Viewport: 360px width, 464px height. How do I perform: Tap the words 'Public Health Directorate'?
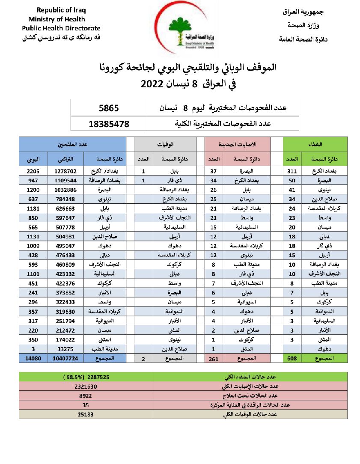pos(61,28)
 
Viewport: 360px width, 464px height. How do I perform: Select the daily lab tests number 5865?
pos(109,108)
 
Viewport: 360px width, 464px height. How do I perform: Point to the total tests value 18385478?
pos(109,125)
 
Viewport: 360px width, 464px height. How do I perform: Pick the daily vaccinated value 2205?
pos(33,171)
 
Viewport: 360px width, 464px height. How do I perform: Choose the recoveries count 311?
pos(292,171)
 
